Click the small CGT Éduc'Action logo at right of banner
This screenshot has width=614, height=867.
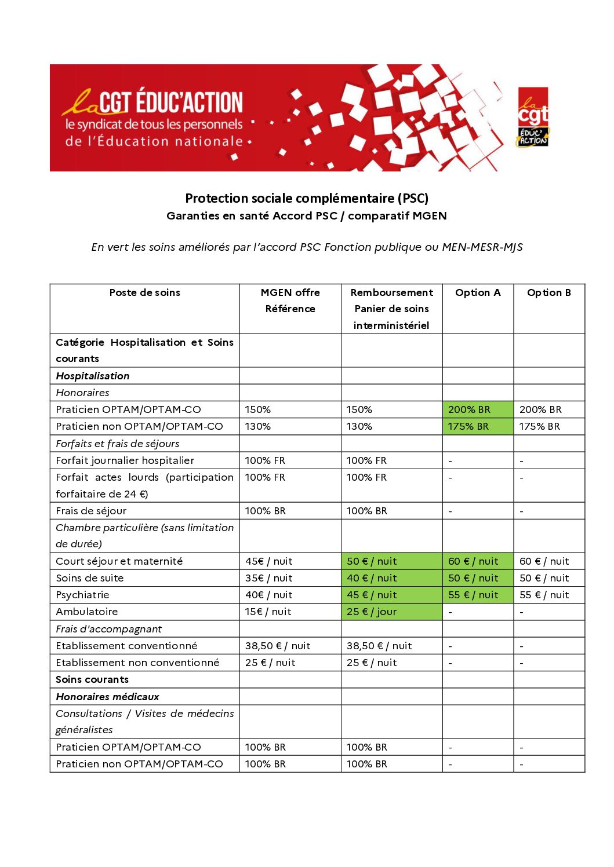tap(533, 118)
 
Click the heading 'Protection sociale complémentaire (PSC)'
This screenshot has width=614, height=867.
tap(307, 198)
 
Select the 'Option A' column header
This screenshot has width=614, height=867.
tap(478, 292)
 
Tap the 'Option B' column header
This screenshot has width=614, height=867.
tap(548, 292)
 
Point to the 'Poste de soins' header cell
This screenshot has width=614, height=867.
tap(144, 292)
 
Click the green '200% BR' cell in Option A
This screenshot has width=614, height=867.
tap(469, 409)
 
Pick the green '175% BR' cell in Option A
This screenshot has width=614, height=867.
tap(468, 426)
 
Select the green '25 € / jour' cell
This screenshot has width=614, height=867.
tap(372, 612)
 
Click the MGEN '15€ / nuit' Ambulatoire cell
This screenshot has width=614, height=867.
tap(268, 612)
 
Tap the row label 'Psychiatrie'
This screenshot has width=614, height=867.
tap(82, 595)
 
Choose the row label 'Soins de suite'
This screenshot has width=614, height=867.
tap(89, 578)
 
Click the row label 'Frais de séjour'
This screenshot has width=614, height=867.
tap(91, 511)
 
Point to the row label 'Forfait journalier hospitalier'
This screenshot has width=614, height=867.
tap(125, 460)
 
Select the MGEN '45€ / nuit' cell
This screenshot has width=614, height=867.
tap(268, 561)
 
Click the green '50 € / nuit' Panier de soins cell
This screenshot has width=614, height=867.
tap(372, 561)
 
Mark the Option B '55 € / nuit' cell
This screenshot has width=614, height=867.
tap(544, 595)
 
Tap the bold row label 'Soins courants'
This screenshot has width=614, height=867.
tap(92, 679)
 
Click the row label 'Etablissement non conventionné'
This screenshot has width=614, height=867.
tap(137, 663)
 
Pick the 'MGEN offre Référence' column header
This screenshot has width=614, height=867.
tap(290, 301)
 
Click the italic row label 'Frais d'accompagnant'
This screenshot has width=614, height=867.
tap(108, 629)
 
